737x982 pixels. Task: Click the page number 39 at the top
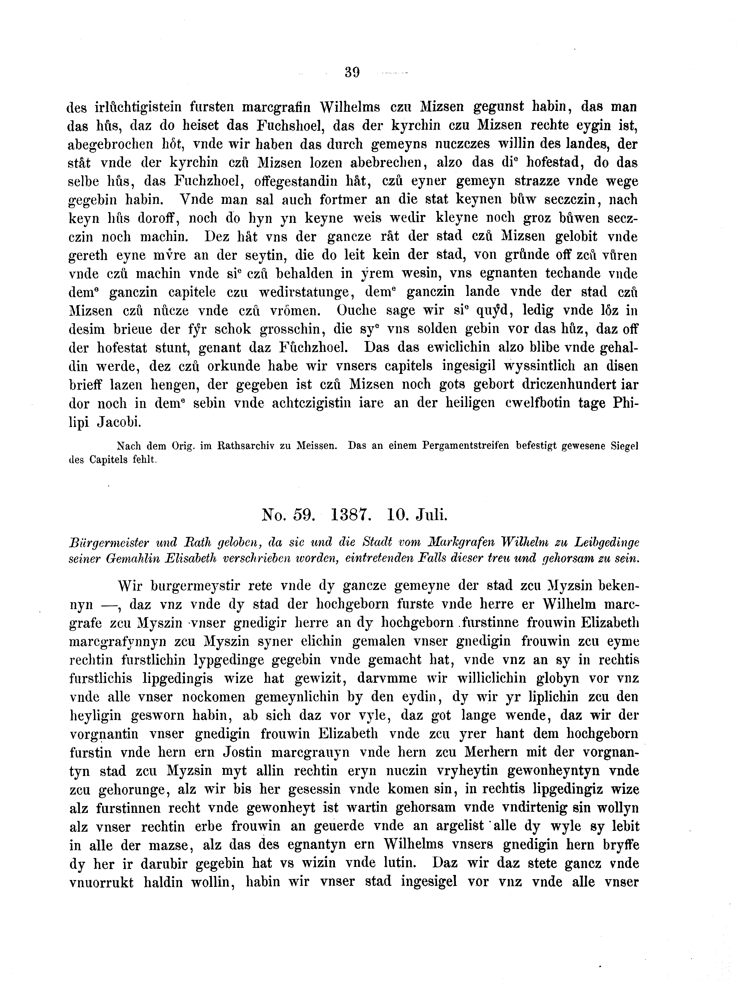click(352, 72)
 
